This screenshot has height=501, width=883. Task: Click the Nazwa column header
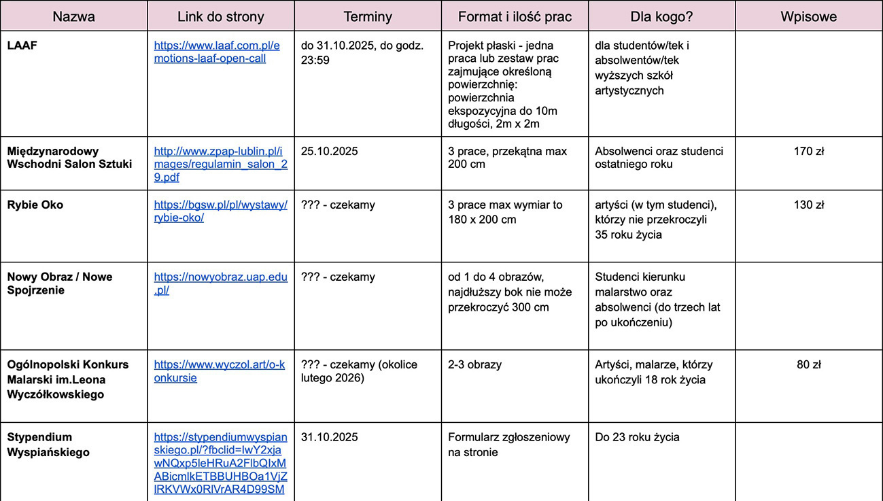(x=73, y=16)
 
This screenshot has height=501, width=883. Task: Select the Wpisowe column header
(x=808, y=16)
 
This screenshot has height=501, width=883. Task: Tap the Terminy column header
(x=367, y=16)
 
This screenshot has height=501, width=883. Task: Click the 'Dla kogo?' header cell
(x=661, y=16)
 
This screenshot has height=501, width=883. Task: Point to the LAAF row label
(x=21, y=46)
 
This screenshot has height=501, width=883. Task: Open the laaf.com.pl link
(x=216, y=52)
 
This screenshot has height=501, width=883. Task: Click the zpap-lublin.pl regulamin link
(x=220, y=164)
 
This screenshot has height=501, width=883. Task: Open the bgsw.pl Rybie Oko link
(x=220, y=211)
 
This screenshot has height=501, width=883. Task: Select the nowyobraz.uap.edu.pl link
(x=220, y=283)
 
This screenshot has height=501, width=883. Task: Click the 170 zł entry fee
(x=808, y=151)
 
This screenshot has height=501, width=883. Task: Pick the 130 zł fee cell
(x=808, y=205)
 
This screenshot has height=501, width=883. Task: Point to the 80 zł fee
(x=808, y=364)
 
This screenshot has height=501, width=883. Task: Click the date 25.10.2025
(x=329, y=151)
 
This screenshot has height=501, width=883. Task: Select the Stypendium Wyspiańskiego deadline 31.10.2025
(x=329, y=437)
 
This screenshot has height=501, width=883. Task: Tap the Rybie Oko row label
(x=35, y=205)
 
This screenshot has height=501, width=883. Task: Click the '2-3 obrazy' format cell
(x=474, y=364)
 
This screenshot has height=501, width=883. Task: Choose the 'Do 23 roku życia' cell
(x=637, y=437)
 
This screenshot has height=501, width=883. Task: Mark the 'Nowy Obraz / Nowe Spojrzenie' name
(x=60, y=283)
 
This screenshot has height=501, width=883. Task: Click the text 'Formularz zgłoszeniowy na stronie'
(x=508, y=445)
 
